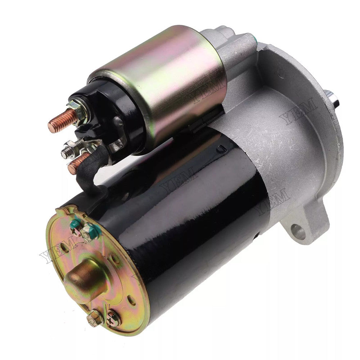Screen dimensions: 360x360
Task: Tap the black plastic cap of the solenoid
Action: (x=104, y=115)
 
